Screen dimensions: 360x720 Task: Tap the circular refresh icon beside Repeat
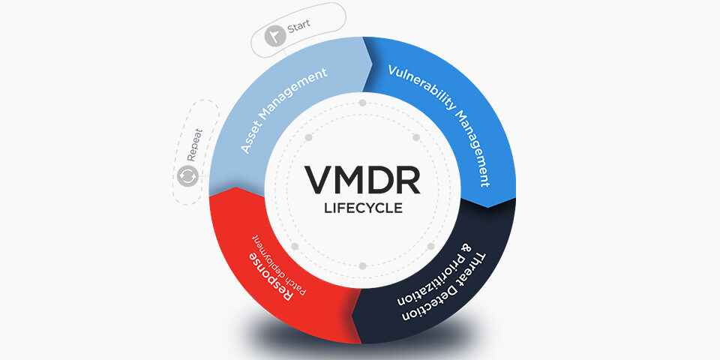pyautogui.click(x=187, y=175)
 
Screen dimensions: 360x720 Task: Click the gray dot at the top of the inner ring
pyautogui.click(x=363, y=103)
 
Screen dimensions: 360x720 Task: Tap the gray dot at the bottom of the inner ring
pyautogui.click(x=363, y=265)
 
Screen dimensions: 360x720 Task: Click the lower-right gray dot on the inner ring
pyautogui.click(x=430, y=247)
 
